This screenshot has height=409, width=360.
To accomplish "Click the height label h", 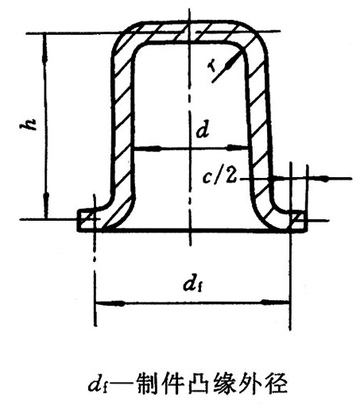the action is click(29, 124).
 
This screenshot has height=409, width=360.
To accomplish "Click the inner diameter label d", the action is click(203, 130).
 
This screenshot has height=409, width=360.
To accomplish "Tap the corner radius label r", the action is click(212, 66).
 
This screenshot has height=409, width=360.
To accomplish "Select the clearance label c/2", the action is click(219, 176).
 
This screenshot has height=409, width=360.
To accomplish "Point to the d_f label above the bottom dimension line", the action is click(195, 284).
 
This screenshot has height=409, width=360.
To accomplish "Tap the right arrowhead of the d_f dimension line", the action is click(275, 303).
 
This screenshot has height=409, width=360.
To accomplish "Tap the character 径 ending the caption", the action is click(276, 384).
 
